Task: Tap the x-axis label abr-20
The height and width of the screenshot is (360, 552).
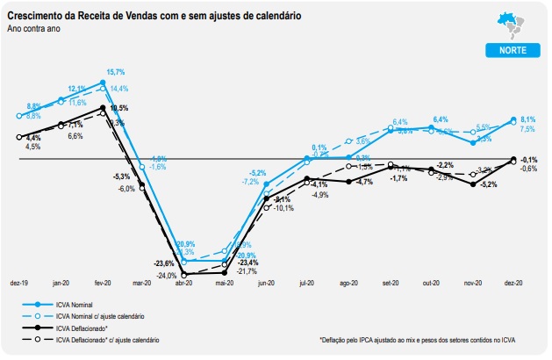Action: point(185,284)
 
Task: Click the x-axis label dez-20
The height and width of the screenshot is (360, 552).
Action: point(514,284)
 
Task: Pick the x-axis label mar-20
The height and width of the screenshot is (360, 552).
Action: point(142,284)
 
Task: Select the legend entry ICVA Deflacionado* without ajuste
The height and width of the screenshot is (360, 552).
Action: point(77,327)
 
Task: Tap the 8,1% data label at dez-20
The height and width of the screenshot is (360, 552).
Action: point(528,119)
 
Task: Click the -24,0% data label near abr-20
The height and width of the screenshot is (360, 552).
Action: point(167,276)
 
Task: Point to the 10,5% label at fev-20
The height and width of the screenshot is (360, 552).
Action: point(118,108)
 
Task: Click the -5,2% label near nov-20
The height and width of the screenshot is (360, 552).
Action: point(489,184)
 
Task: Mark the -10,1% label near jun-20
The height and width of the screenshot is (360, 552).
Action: point(283,208)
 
